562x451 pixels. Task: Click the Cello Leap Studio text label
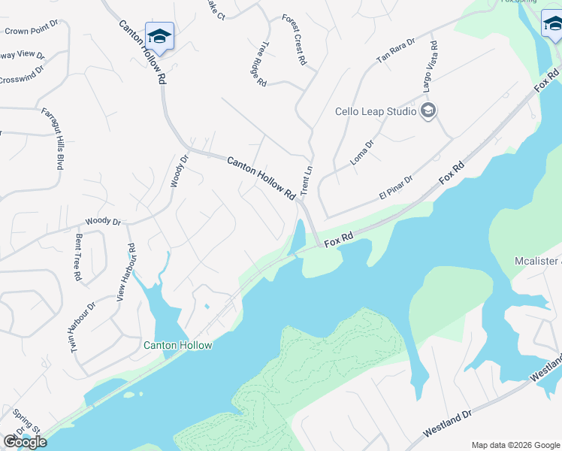tap(375, 112)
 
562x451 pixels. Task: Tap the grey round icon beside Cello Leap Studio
tap(428, 112)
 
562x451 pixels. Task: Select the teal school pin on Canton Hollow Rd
tap(159, 36)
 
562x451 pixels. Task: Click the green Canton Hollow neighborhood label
tap(178, 345)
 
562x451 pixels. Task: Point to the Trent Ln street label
tap(307, 180)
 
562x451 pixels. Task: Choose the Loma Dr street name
tap(362, 153)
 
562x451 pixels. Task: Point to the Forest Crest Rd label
tap(295, 39)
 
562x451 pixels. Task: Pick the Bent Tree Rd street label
tap(77, 256)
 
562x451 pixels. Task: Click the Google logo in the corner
tap(25, 442)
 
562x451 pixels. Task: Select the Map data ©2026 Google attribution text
tap(515, 445)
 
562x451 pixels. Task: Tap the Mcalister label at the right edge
tap(537, 261)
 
